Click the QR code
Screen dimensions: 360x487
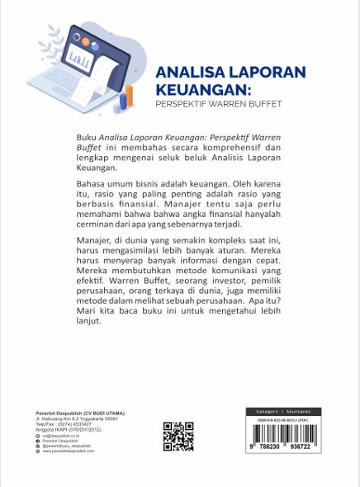tap(178, 437)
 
